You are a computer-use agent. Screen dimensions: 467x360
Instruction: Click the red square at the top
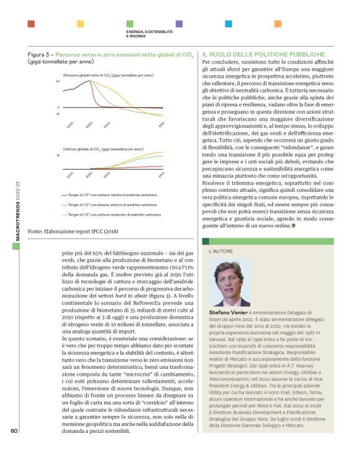[31, 24]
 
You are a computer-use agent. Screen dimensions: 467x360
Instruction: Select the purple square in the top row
[179, 24]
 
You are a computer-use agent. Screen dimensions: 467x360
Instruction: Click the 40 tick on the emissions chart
[57, 81]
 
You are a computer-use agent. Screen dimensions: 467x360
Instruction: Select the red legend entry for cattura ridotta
[112, 194]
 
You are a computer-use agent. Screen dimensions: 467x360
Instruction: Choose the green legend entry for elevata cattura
[112, 204]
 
